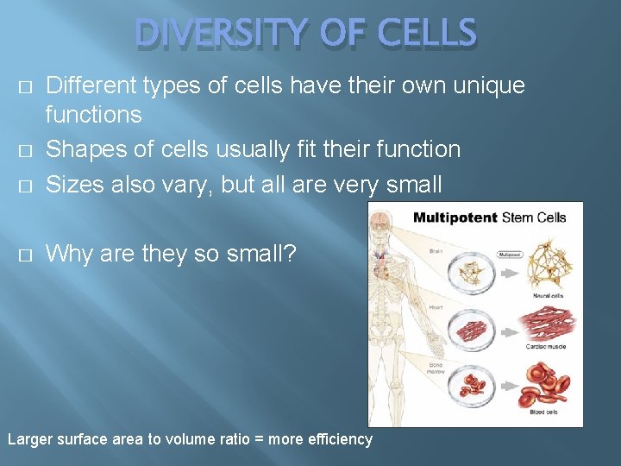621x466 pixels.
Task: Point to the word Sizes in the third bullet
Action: pyautogui.click(x=71, y=184)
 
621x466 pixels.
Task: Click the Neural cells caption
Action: pyautogui.click(x=549, y=295)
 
